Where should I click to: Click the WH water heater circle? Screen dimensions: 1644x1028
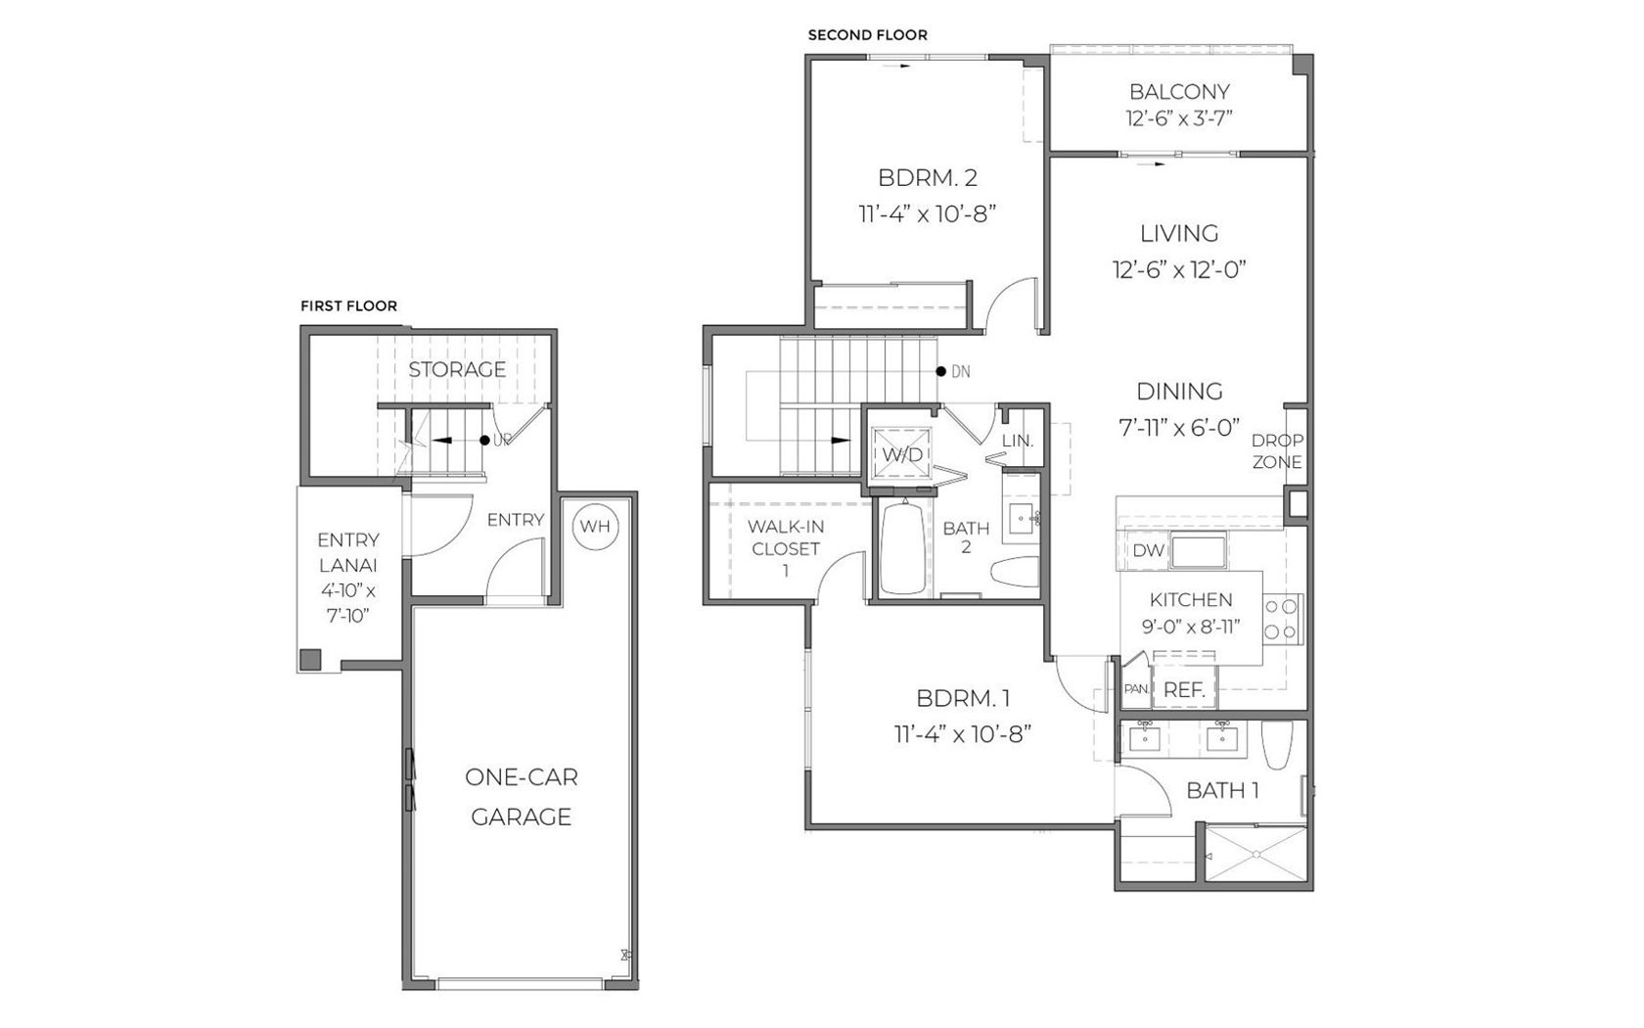595,527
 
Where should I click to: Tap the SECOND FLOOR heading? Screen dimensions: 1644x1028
867,34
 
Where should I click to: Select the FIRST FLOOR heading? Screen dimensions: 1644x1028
348,305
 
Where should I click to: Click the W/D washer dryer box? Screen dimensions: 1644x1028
902,454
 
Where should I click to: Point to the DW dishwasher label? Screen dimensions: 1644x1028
1149,550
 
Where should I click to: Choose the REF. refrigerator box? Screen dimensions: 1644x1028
1184,689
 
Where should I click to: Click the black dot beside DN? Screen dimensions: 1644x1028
941,372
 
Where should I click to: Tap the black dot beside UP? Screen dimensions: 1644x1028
484,441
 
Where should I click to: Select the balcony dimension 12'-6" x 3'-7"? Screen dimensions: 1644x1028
1179,118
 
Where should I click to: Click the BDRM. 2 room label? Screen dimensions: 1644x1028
928,178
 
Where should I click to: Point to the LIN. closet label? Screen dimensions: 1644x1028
1018,441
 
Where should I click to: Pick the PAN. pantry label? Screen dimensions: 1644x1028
1136,689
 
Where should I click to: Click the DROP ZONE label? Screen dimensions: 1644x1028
1277,450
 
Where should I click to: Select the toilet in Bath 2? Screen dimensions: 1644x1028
1015,572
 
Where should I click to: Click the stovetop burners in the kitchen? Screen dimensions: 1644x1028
1282,619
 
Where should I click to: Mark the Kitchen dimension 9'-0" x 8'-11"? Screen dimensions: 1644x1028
1190,627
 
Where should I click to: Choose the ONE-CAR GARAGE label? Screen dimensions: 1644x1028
521,797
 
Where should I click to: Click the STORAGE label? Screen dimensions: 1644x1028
456,369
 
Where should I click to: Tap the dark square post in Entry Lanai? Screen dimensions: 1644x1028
310,660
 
